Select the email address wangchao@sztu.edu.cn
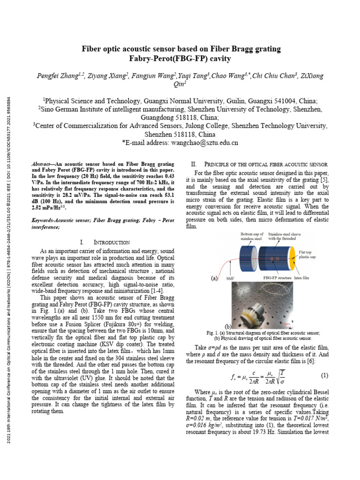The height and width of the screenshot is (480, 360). tap(204, 142)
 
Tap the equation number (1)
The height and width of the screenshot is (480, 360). tap(324, 375)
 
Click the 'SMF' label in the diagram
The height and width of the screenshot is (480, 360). tap(229, 278)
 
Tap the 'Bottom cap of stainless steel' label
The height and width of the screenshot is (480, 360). tap(254, 236)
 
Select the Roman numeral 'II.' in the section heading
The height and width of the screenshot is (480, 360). tap(194, 164)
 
